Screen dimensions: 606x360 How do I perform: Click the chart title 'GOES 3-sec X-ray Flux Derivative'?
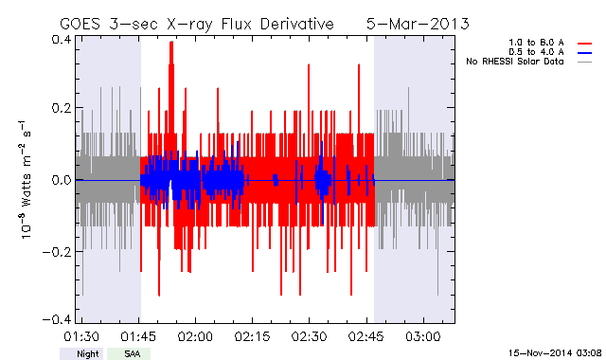coord(197,25)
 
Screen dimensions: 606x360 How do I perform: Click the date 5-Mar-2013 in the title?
coord(418,24)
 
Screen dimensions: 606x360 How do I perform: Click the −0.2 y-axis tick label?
coord(57,252)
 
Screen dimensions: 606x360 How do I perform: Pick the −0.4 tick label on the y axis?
coord(57,320)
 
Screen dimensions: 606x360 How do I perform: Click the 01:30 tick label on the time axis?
coord(81,336)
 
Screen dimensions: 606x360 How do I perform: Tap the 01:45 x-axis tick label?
coord(138,336)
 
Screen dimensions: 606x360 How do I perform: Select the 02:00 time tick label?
coord(195,336)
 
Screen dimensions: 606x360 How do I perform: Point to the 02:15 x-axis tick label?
coord(253,336)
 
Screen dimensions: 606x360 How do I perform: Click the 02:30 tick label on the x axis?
coord(310,336)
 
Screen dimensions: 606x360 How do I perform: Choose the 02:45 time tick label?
coord(366,336)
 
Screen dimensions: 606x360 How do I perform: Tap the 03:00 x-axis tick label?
coord(423,336)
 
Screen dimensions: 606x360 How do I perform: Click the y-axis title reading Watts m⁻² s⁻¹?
coord(26,180)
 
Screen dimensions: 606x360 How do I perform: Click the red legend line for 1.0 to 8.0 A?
coord(585,44)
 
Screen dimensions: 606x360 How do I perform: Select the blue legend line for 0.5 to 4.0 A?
coord(585,53)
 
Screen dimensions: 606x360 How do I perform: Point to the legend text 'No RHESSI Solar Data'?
coord(514,62)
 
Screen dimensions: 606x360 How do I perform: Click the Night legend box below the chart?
coord(81,353)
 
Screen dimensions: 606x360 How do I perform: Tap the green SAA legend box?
coord(129,353)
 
